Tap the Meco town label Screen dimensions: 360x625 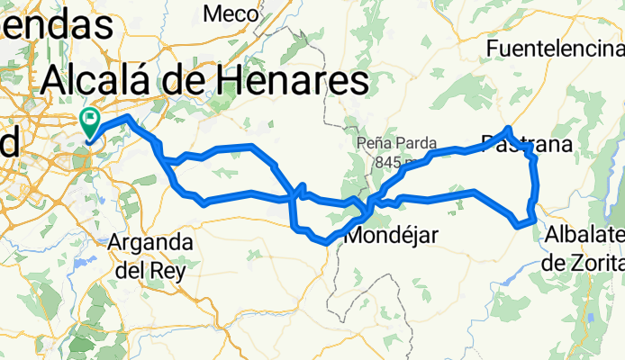pos(231,13)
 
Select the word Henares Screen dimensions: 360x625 pos(298,82)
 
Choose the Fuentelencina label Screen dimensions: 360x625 pos(554,48)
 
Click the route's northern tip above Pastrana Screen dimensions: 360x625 pos(510,129)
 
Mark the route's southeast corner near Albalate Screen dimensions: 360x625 pos(535,219)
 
